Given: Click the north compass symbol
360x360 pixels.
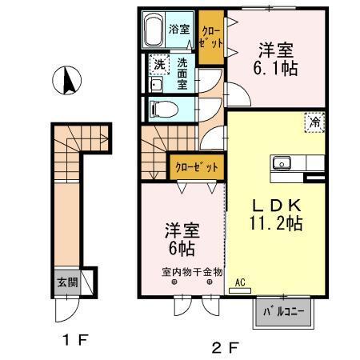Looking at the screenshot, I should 69,81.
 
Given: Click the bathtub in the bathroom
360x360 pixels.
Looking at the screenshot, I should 154,32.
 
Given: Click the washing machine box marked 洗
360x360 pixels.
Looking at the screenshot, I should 159,64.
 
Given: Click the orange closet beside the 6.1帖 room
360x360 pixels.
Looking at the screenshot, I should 211,33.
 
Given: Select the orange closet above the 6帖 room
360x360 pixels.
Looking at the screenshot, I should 195,167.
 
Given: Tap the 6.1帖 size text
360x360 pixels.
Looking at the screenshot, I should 278,69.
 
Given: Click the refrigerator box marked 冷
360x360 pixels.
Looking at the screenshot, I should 316,123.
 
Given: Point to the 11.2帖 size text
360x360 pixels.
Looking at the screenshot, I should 274,225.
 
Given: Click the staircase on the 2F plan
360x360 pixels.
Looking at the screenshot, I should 155,156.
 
